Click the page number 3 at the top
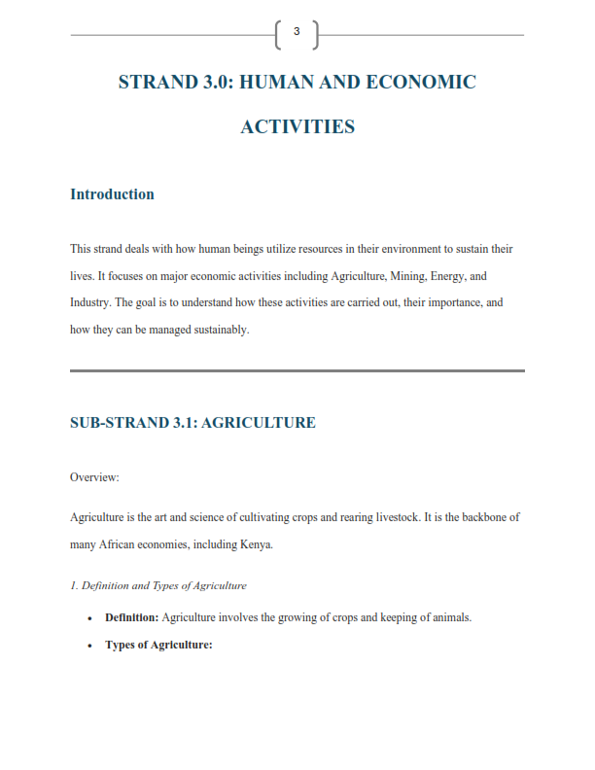[x=297, y=33]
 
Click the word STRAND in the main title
[x=157, y=82]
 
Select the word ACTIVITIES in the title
[x=297, y=126]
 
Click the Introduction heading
[x=112, y=194]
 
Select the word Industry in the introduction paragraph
[x=89, y=302]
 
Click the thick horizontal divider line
[x=297, y=370]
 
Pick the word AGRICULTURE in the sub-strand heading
[x=258, y=423]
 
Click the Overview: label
[x=94, y=477]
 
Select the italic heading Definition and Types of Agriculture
[x=158, y=585]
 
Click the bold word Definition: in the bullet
[x=131, y=617]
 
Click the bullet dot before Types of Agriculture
[x=89, y=646]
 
